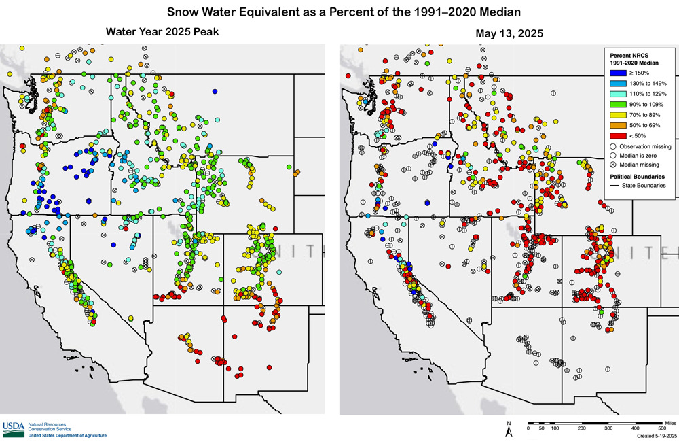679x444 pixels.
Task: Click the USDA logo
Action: point(13,428)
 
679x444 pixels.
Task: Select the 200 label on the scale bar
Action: point(582,428)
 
